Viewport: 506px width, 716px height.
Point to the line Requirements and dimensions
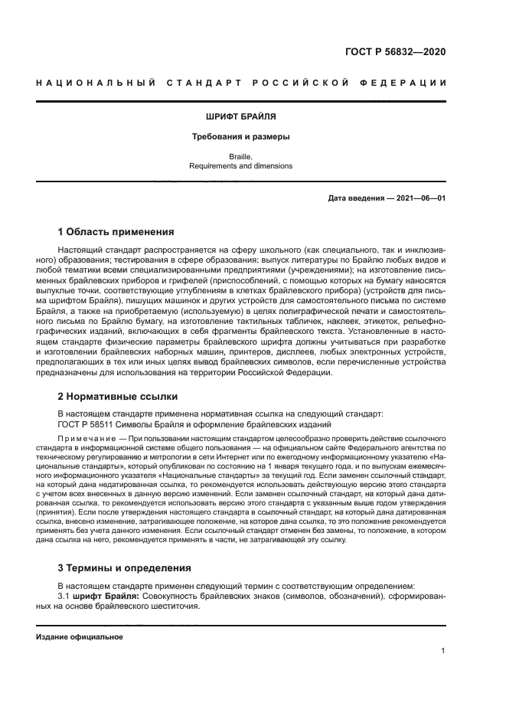point(240,165)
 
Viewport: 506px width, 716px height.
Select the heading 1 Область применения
point(116,231)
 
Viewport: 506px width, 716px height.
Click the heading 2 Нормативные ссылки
point(118,397)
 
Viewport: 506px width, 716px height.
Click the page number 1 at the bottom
point(443,651)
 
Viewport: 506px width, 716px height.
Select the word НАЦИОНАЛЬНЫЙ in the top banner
point(96,83)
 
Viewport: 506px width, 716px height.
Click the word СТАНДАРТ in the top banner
point(207,83)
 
